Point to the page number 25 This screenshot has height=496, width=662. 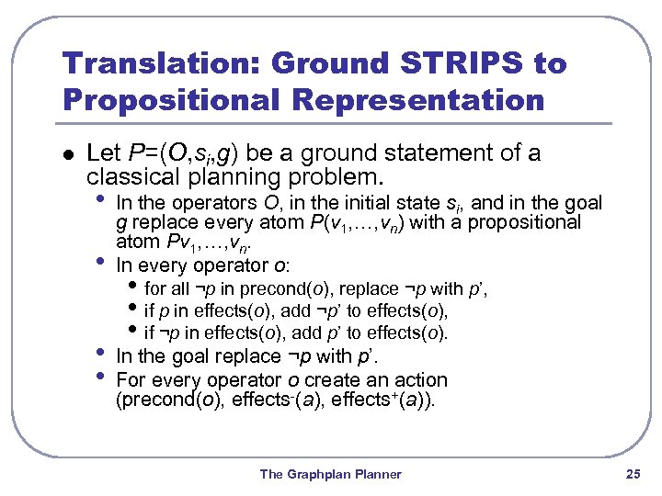632,474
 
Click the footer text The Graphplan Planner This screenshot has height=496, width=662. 331,474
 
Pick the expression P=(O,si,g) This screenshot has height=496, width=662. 170,152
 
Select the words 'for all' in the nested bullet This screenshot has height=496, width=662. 166,289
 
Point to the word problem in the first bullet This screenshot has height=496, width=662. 331,175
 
